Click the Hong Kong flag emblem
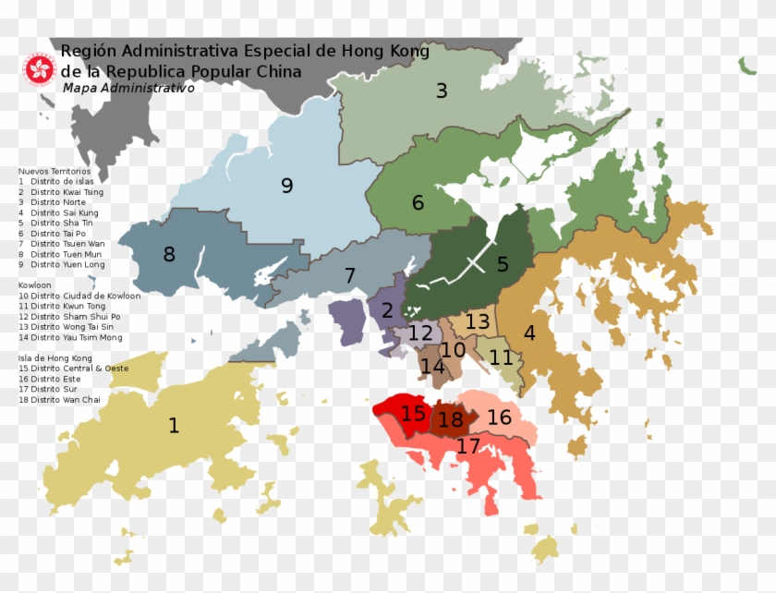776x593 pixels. (40, 67)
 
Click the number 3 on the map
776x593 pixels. (442, 91)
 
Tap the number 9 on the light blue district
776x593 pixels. (286, 186)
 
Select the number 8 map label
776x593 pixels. (169, 254)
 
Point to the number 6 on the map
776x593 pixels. (418, 202)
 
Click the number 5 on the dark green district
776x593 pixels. (503, 264)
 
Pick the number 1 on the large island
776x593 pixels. (174, 425)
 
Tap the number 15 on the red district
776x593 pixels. (413, 413)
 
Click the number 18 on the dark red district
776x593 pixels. (451, 420)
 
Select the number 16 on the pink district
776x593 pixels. (499, 418)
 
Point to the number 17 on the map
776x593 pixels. (468, 447)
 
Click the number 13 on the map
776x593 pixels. (478, 322)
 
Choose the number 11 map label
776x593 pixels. (501, 357)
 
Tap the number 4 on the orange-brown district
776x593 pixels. (529, 333)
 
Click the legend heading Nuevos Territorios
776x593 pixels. (55, 172)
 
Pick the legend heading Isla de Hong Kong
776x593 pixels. (55, 357)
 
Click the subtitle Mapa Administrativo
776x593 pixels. (128, 88)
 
